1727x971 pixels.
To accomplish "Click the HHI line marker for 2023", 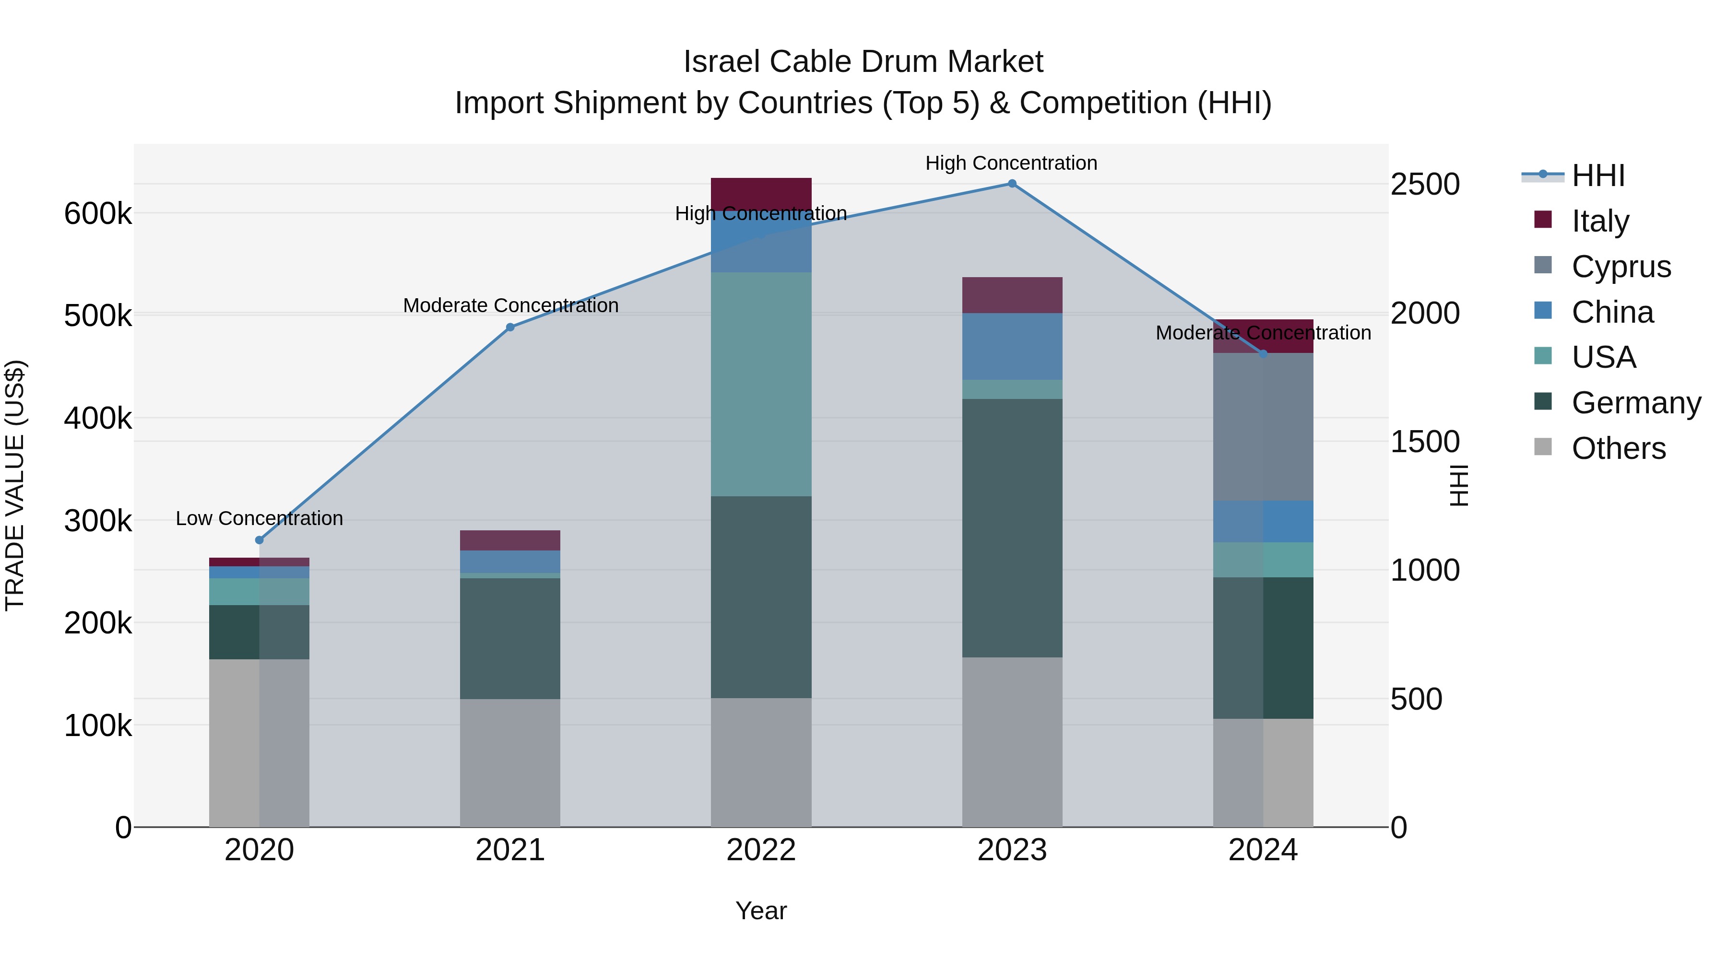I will click(x=1012, y=184).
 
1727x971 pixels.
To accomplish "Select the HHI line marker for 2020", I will click(x=260, y=540).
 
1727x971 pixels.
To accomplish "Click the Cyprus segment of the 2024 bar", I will click(x=1263, y=427).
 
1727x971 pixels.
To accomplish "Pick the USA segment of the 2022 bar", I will click(x=761, y=384).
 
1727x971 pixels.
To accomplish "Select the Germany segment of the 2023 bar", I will click(x=1012, y=528).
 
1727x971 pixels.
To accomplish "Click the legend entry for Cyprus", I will click(x=1621, y=267).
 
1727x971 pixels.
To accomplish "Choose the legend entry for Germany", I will click(x=1635, y=403).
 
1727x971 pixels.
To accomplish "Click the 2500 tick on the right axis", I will click(x=1425, y=184).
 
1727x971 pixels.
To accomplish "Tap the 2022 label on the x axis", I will click(x=761, y=850).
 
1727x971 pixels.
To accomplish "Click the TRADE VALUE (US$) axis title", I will click(x=15, y=485).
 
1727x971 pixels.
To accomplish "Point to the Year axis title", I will click(x=761, y=911).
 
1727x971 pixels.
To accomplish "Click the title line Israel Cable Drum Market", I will click(x=863, y=62).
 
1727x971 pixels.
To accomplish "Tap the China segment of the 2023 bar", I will click(x=1012, y=347).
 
